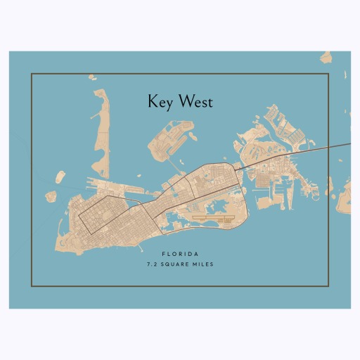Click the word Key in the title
tap(159, 102)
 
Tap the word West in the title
tap(195, 102)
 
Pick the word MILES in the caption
tap(202, 264)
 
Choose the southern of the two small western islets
tap(51, 196)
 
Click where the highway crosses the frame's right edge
tap(329, 148)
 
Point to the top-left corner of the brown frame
tap(32, 73)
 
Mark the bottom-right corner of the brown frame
tap(329, 286)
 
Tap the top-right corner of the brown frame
tap(329, 73)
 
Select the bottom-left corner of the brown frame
tap(32, 286)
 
